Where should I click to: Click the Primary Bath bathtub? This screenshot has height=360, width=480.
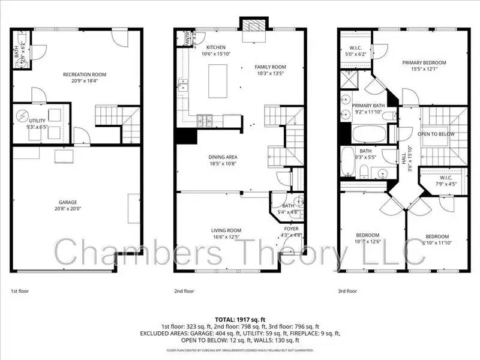(365, 134)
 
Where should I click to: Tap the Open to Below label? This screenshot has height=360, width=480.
(436, 134)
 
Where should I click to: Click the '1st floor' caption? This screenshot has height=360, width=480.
(19, 291)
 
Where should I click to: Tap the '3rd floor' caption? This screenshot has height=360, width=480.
(347, 291)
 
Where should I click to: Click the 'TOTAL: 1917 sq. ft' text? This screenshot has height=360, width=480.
(240, 319)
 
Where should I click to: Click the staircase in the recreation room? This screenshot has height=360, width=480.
(108, 113)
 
